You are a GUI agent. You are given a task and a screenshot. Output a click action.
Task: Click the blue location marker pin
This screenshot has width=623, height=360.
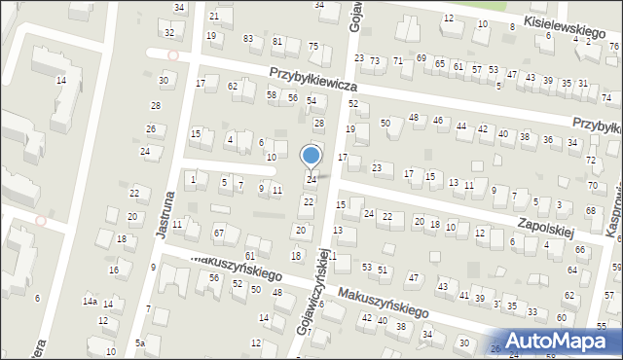click(311, 156)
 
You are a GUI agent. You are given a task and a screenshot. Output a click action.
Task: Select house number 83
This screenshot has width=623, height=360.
click(248, 38)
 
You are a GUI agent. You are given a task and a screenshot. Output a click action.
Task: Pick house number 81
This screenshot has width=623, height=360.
click(277, 42)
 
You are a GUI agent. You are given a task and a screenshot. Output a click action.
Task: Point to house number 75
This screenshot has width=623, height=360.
click(313, 47)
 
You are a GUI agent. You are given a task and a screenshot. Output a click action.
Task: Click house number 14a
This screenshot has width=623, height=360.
click(90, 303)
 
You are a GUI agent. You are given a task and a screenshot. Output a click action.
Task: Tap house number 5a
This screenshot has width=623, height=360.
click(140, 343)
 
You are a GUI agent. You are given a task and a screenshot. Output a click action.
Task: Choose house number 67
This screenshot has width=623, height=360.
click(219, 233)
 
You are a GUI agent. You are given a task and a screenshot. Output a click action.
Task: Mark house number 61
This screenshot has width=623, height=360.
click(250, 283)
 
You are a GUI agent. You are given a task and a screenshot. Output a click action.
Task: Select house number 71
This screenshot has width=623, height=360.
click(398, 60)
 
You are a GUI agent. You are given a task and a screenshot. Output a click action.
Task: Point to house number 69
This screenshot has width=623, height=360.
click(421, 58)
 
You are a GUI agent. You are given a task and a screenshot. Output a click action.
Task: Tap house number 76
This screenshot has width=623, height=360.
click(613, 46)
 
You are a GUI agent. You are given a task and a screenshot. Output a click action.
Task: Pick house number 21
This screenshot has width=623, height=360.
click(214, 17)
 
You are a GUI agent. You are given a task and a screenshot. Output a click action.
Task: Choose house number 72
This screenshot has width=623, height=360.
click(591, 160)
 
